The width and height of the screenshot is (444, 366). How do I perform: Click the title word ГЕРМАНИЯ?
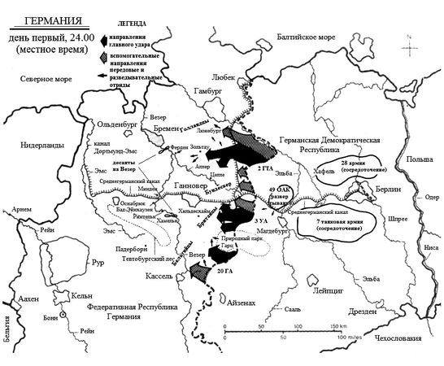(51, 18)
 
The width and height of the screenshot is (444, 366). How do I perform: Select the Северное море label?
(38, 80)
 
